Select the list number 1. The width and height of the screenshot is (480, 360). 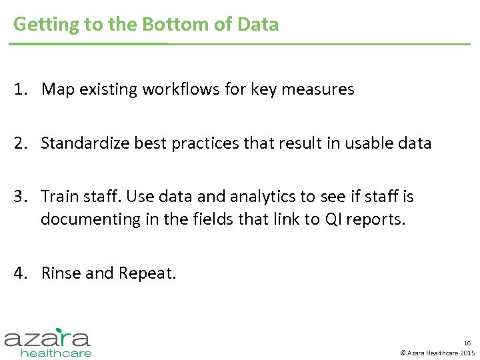point(21,89)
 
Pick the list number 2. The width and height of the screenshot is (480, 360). point(21,143)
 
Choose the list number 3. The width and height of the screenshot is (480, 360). point(21,197)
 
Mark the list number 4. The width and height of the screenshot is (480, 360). point(21,273)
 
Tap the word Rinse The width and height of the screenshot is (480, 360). point(60,273)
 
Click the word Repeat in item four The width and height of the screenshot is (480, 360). point(147,273)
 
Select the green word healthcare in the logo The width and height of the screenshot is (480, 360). point(56,353)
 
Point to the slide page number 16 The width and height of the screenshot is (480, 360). point(467,342)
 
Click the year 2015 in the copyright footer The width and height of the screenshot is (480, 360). point(467,353)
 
